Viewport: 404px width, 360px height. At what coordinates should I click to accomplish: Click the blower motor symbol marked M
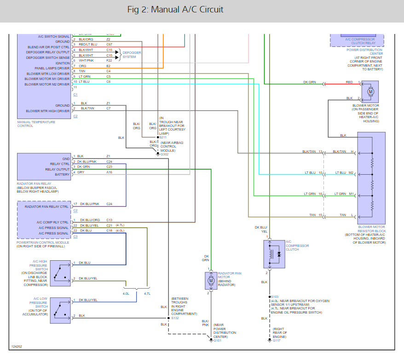point(370,92)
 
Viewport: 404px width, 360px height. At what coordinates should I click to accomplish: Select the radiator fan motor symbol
point(211,280)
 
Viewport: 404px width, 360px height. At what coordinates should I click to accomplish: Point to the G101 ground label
point(217,341)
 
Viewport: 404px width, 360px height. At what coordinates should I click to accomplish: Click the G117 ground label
point(277,341)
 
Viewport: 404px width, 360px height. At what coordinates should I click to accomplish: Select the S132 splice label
point(175,318)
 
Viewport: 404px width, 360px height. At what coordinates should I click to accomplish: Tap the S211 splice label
point(163,137)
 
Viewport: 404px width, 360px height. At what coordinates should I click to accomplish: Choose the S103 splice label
point(275,297)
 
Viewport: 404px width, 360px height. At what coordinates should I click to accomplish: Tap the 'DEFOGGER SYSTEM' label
point(132,55)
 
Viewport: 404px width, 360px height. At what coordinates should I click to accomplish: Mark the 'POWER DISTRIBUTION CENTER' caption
point(365,51)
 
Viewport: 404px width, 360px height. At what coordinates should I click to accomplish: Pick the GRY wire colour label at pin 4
point(81,172)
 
